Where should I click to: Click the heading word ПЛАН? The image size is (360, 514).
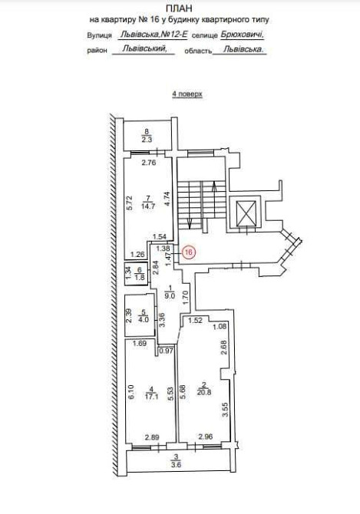click(179, 8)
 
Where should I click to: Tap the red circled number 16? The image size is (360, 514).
click(188, 252)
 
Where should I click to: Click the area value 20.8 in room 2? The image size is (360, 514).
click(204, 391)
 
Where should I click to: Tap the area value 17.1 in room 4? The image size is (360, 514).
click(150, 395)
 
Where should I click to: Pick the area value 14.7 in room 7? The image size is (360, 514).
click(148, 206)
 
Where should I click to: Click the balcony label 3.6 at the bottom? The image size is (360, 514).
click(177, 464)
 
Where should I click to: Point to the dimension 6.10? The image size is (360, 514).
click(131, 392)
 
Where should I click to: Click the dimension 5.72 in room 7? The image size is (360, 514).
click(130, 203)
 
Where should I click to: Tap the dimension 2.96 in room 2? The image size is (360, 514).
click(206, 437)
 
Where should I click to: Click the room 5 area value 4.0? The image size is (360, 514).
click(141, 319)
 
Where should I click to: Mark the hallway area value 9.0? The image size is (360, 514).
click(169, 295)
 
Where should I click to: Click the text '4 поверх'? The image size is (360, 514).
click(187, 94)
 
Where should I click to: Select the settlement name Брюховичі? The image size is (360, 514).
click(242, 35)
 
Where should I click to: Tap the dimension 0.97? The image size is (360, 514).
click(166, 351)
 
